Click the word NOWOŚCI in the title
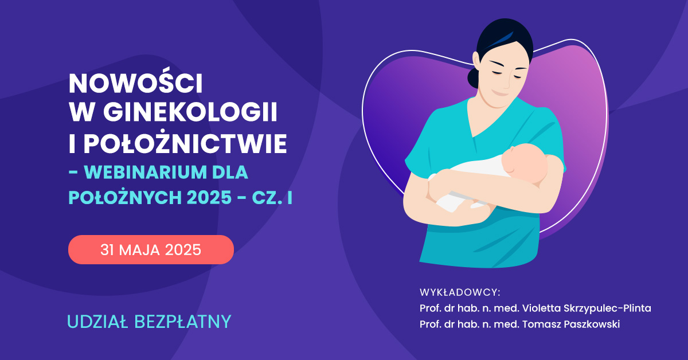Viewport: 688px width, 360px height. (x=135, y=83)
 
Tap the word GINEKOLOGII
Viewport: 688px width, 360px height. (x=190, y=111)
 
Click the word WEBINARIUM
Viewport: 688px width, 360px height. (x=145, y=173)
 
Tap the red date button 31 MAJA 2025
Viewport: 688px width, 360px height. (x=151, y=249)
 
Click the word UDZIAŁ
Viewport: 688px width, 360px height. (x=97, y=322)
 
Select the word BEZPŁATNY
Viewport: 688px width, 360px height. (x=183, y=322)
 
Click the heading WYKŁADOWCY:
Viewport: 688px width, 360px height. (x=460, y=292)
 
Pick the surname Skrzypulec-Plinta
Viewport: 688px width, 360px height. (x=607, y=308)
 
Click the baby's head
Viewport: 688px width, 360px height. (x=525, y=162)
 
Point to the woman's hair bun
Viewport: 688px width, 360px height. (x=473, y=78)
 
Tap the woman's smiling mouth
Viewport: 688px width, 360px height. (x=499, y=93)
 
